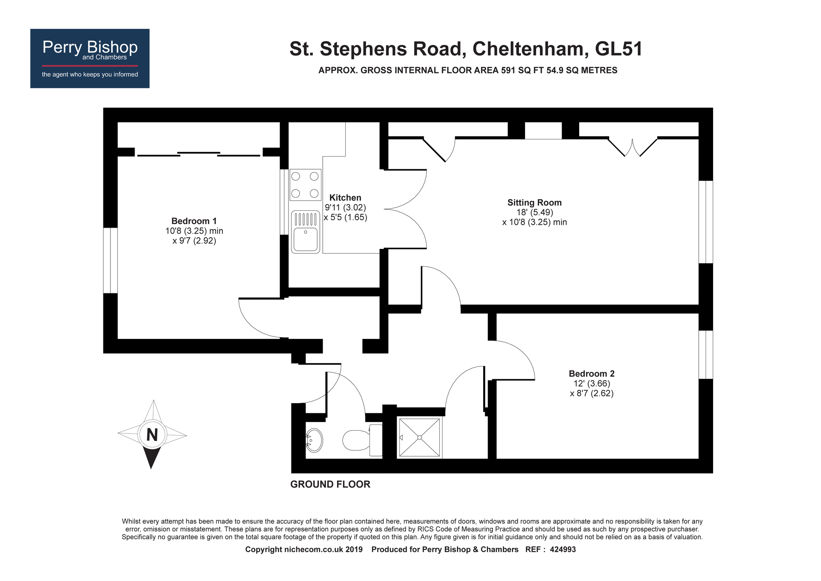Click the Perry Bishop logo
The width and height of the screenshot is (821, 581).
[x=90, y=58]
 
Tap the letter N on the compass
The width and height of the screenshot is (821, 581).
[x=152, y=435]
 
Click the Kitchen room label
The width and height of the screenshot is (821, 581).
[x=345, y=198]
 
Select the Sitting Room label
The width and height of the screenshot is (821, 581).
[x=534, y=203]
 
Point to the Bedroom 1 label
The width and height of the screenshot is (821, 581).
[x=194, y=221]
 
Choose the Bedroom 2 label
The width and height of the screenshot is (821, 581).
[x=592, y=373]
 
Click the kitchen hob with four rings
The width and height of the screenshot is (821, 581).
[x=305, y=184]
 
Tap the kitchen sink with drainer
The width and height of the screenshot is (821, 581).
[x=305, y=232]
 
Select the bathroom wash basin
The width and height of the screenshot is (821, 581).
[x=314, y=440]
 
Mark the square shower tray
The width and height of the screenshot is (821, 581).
[x=420, y=438]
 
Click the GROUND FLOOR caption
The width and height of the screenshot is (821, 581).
[x=330, y=484]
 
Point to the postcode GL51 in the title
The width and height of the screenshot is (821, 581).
[x=619, y=49]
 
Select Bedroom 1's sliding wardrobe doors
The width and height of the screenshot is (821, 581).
[x=199, y=154]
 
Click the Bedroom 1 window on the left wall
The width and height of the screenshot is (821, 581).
[x=110, y=261]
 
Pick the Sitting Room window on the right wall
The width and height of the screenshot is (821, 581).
[x=706, y=222]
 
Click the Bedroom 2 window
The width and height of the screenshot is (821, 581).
[x=706, y=355]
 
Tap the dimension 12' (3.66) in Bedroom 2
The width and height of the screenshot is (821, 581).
[x=592, y=383]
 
